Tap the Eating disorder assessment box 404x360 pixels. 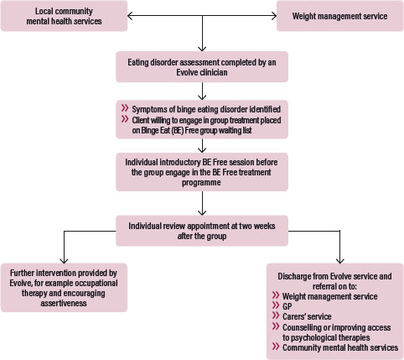pos(202,66)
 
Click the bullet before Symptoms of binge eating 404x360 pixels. pos(124,109)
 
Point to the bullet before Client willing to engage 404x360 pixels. pos(124,118)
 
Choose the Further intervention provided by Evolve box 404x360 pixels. pos(64,288)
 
